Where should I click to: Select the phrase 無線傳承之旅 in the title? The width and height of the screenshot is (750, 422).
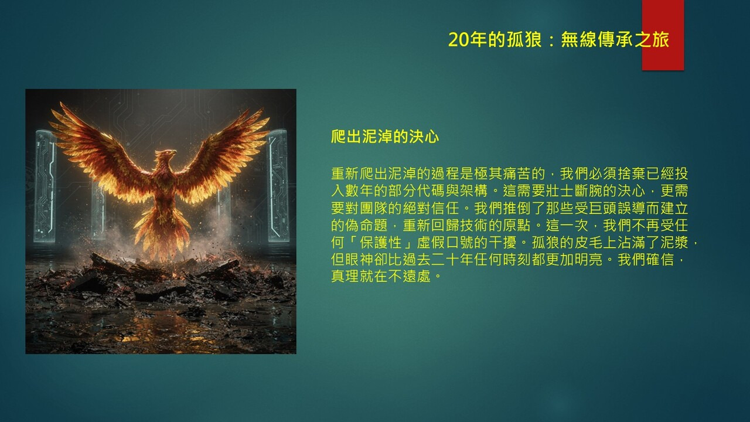[615, 39]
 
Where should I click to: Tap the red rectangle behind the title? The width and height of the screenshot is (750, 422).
[663, 35]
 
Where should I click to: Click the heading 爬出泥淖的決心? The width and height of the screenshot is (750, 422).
[385, 137]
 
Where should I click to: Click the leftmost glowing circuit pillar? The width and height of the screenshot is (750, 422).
[45, 186]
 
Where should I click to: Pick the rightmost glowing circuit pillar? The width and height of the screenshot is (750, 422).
[278, 185]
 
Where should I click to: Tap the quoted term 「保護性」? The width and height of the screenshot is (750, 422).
[380, 243]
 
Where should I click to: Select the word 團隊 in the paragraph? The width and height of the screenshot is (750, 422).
[374, 208]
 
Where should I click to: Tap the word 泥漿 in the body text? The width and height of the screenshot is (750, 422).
[674, 243]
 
